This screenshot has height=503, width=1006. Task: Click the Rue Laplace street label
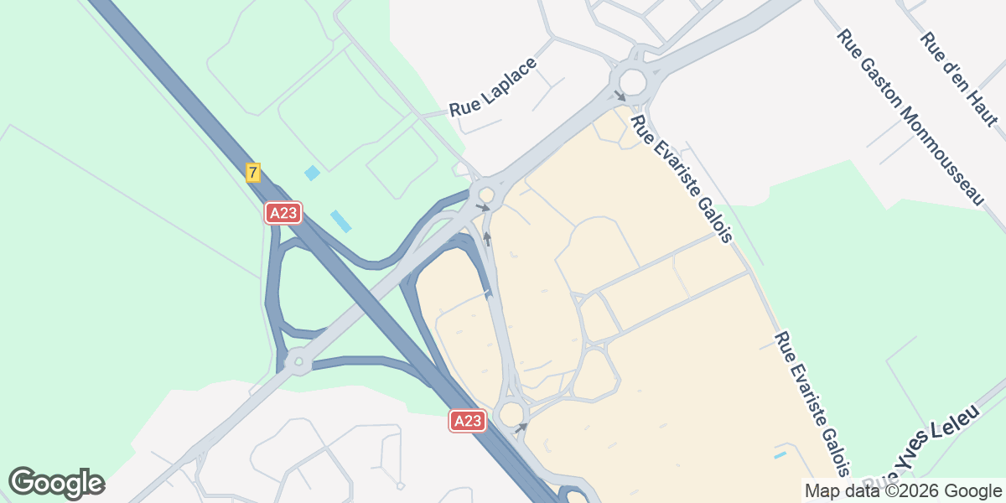(x=492, y=87)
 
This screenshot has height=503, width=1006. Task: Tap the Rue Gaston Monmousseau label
(x=909, y=117)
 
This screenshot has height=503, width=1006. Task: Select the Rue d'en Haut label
(x=958, y=79)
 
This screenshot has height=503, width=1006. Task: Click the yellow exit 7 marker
(x=253, y=173)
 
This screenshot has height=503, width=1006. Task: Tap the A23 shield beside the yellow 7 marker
(x=283, y=213)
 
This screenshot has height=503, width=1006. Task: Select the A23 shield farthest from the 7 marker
(x=467, y=421)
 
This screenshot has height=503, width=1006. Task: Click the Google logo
(x=55, y=483)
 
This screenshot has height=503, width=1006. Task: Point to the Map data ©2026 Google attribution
(x=902, y=490)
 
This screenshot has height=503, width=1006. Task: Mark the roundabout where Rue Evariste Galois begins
(x=631, y=81)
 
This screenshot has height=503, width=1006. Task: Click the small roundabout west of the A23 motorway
(x=297, y=363)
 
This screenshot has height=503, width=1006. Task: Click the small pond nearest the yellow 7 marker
(x=312, y=173)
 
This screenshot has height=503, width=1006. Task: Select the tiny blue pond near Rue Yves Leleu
(x=780, y=455)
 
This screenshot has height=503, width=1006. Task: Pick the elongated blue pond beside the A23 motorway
(x=340, y=221)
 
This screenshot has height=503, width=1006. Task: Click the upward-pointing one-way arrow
(x=486, y=239)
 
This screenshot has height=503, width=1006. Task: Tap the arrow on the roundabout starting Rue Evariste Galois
(x=620, y=96)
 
